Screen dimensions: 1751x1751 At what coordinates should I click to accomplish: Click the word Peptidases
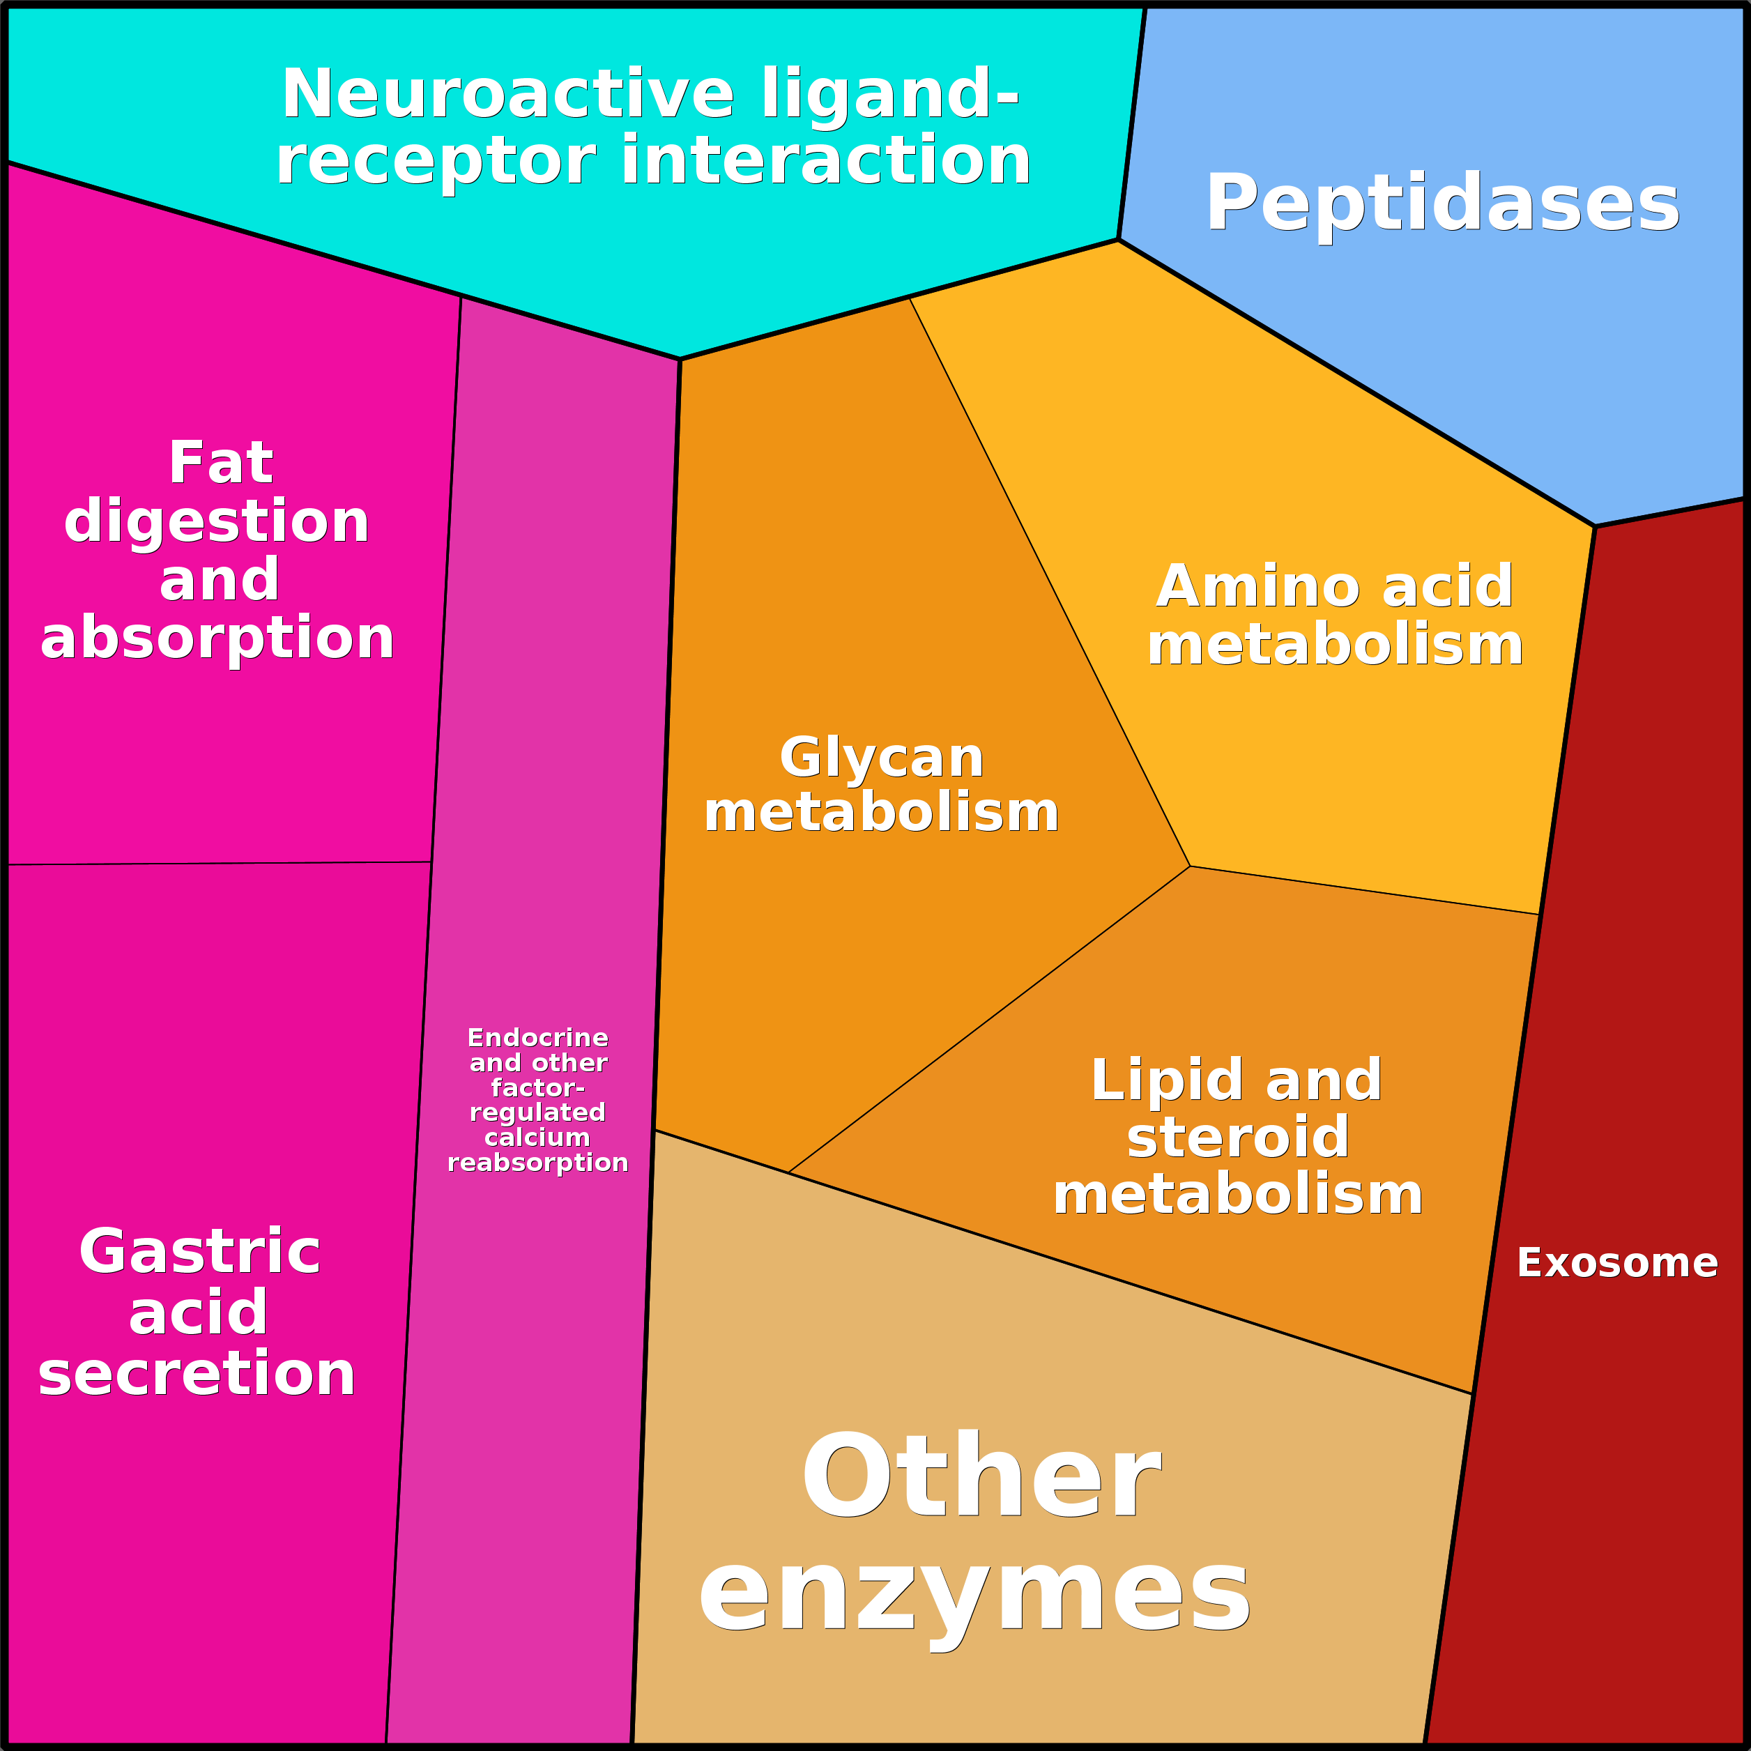click(x=1442, y=205)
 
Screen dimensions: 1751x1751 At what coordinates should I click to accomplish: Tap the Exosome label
click(x=1618, y=1262)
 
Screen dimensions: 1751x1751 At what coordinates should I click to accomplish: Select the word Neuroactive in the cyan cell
click(x=507, y=93)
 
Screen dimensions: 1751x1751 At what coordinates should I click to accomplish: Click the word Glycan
click(x=881, y=758)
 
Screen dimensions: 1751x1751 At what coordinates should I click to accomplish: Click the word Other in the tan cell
click(x=981, y=1476)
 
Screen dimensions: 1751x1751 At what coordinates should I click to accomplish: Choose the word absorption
click(x=217, y=640)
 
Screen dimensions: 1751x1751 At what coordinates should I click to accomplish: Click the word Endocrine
click(x=537, y=1038)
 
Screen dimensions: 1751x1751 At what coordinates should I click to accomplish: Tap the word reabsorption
click(x=537, y=1163)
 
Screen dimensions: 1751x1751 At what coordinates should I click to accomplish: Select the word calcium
click(x=537, y=1138)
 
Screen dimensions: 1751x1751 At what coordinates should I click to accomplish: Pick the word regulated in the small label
click(x=537, y=1114)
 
